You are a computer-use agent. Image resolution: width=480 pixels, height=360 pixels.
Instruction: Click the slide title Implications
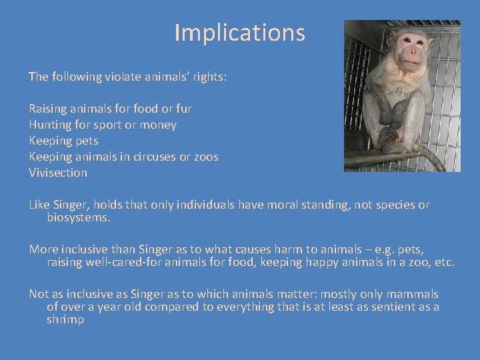click(239, 32)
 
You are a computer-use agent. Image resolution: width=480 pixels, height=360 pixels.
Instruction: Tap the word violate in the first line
click(123, 77)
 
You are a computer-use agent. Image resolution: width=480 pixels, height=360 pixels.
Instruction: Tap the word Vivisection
click(58, 173)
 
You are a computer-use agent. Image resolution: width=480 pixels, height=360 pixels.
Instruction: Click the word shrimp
click(65, 319)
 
